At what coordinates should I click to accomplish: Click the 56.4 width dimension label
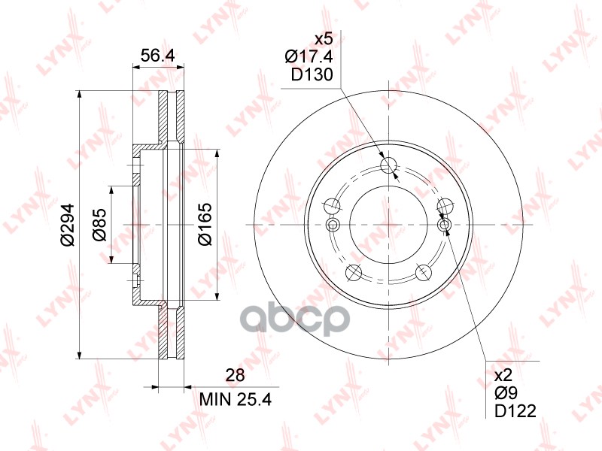(x=158, y=56)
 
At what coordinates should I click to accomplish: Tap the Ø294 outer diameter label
(x=68, y=225)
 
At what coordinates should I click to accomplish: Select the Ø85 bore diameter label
(x=99, y=225)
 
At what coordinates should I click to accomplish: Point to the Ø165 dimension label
(x=205, y=224)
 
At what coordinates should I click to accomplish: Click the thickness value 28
(x=235, y=375)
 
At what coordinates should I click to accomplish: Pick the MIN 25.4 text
(x=236, y=400)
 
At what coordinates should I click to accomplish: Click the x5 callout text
(x=323, y=39)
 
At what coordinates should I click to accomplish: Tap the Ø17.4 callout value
(x=309, y=57)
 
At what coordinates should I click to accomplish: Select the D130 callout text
(x=312, y=74)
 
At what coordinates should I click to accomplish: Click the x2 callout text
(x=503, y=375)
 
